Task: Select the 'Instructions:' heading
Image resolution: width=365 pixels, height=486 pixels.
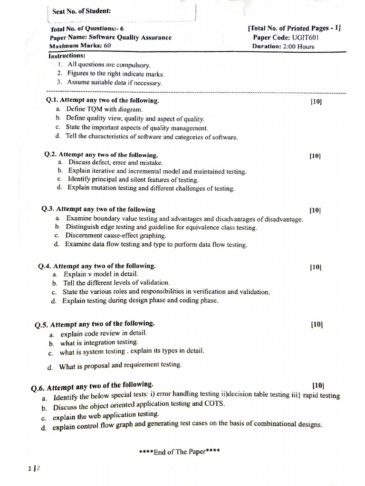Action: click(x=67, y=56)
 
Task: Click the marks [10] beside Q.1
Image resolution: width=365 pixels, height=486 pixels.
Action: click(x=316, y=102)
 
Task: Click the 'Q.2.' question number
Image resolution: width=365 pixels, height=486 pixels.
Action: click(x=51, y=155)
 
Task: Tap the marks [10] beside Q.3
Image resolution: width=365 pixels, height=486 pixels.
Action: click(x=316, y=210)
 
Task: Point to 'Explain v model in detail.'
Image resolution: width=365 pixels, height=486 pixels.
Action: click(x=101, y=274)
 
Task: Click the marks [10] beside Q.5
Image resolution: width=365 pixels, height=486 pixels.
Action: click(x=317, y=325)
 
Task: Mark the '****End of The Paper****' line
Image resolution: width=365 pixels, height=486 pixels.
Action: click(x=180, y=451)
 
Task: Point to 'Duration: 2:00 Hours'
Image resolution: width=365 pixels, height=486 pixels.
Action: click(x=284, y=47)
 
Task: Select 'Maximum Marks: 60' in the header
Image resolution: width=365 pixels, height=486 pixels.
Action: click(x=80, y=47)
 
